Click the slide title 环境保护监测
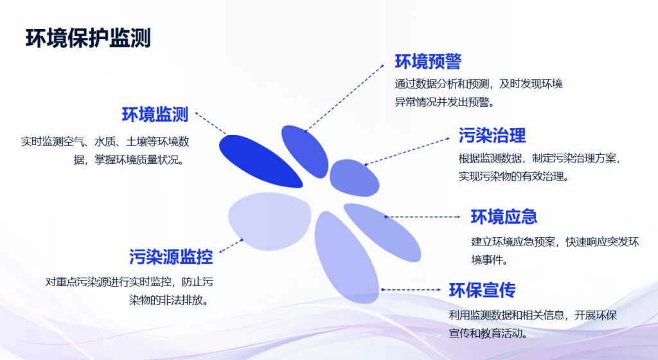click(x=88, y=38)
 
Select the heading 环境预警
click(x=428, y=62)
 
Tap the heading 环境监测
click(x=156, y=114)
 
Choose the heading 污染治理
click(x=492, y=136)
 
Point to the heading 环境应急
click(x=504, y=217)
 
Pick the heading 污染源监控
click(x=171, y=256)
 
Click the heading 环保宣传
click(x=482, y=290)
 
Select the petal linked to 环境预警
click(x=305, y=151)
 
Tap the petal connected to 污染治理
click(x=354, y=178)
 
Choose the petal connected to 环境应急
click(x=382, y=232)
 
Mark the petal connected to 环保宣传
click(x=346, y=257)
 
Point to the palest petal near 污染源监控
click(x=269, y=221)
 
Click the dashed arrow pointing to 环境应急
click(x=423, y=217)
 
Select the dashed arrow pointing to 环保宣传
click(x=411, y=289)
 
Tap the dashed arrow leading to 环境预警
click(x=344, y=98)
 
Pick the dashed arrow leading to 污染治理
click(x=407, y=151)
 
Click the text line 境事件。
click(x=490, y=260)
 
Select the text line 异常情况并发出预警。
click(x=445, y=102)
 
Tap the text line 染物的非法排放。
click(x=169, y=300)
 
